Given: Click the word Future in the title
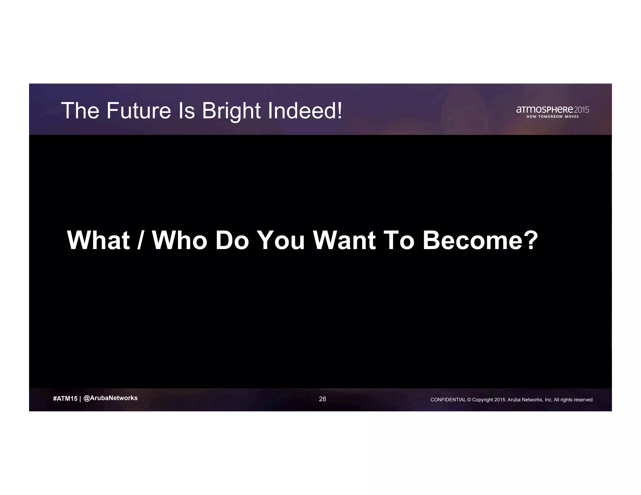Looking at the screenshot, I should point(139,111).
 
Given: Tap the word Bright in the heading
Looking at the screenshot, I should point(231,111).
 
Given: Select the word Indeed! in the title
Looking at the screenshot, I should point(305,111).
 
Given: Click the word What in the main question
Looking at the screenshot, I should point(98,240).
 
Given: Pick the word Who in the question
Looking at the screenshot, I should point(180,240).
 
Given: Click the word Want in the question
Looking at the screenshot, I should point(344,240).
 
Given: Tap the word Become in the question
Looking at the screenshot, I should point(473,240).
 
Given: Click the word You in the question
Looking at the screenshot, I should point(280,240).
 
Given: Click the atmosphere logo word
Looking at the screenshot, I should point(545,110).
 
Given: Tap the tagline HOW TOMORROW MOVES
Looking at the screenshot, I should point(553,117).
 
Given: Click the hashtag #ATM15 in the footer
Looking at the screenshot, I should point(65,399).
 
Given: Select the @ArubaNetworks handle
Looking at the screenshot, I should point(110,398).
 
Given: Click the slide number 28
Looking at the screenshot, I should point(322,399).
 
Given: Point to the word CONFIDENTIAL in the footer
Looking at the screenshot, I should point(448,400).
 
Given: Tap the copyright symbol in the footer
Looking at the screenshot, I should point(469,400).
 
